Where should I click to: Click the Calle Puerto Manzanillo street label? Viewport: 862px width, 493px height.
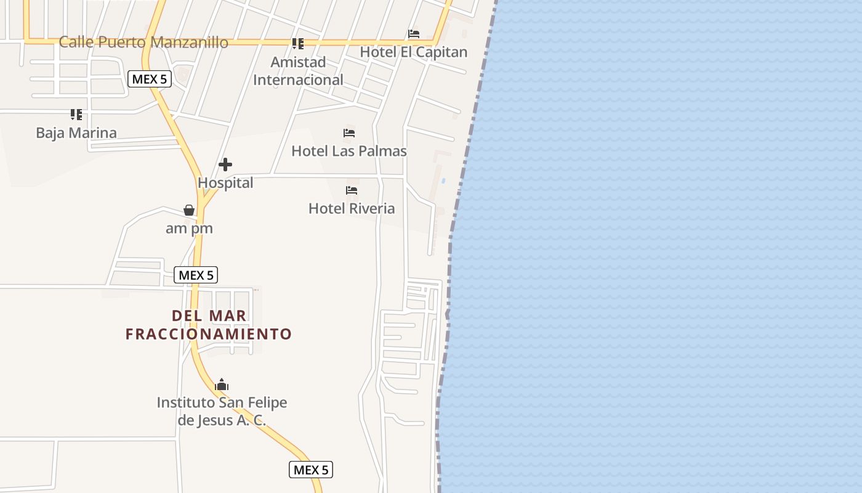[x=143, y=43]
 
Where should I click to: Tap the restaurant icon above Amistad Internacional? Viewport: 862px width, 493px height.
[x=298, y=43]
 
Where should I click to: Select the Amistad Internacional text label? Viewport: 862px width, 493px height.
[x=298, y=71]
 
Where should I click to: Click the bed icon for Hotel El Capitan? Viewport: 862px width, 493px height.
[x=414, y=34]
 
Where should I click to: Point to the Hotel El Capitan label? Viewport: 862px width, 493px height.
[x=414, y=52]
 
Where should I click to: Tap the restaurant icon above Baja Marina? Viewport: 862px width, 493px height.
[x=76, y=115]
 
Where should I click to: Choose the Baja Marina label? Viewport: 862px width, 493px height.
[x=76, y=133]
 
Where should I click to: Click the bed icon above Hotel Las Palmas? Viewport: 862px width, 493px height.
[x=349, y=133]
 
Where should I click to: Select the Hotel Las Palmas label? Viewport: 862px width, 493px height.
[x=349, y=151]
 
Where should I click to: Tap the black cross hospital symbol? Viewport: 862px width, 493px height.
[x=225, y=165]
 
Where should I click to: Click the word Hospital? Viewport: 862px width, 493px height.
[x=225, y=183]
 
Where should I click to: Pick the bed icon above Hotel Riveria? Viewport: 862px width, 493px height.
[x=352, y=190]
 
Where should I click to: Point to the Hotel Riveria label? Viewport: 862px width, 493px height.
[x=352, y=208]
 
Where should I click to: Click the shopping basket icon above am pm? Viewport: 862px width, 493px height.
[x=189, y=210]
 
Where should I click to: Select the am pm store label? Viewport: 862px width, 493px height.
[x=189, y=229]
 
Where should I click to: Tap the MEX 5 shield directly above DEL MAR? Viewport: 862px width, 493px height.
[x=196, y=275]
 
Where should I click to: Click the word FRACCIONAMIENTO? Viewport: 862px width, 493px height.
[x=209, y=334]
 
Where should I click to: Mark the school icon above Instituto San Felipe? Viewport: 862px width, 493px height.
[x=222, y=385]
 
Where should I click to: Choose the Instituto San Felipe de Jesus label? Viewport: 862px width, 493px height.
[x=222, y=411]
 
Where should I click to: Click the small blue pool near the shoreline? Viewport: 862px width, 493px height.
[x=443, y=181]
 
